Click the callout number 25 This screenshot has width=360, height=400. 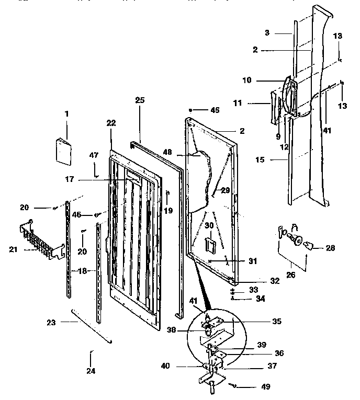coord(140,100)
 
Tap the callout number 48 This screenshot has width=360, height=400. coord(167,152)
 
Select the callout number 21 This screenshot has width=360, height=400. coord(13,249)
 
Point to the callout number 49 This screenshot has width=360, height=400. coord(266,387)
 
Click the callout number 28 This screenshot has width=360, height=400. coord(330,248)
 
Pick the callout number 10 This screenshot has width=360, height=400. coord(247,81)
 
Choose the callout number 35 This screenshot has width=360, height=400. coord(277,321)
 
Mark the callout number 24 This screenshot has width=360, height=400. coord(91,371)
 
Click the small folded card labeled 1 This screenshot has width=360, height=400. coord(63,152)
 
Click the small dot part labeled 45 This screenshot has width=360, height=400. coord(190,110)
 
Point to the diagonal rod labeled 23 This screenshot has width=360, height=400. coord(92,326)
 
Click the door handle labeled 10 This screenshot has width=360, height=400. coord(290,96)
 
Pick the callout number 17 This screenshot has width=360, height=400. coord(70,179)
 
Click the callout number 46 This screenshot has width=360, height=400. coord(76,215)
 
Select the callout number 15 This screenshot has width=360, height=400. coord(260,160)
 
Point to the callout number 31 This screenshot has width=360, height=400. coord(253,261)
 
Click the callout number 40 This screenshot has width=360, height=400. coord(165,366)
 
